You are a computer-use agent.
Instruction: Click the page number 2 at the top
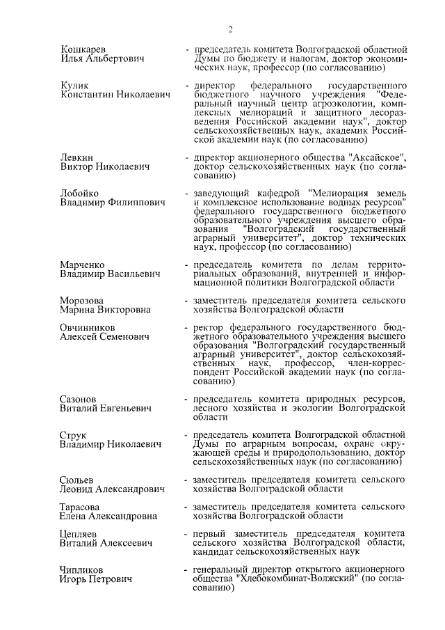pyautogui.click(x=229, y=29)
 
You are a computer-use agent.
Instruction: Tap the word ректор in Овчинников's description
pyautogui.click(x=209, y=326)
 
